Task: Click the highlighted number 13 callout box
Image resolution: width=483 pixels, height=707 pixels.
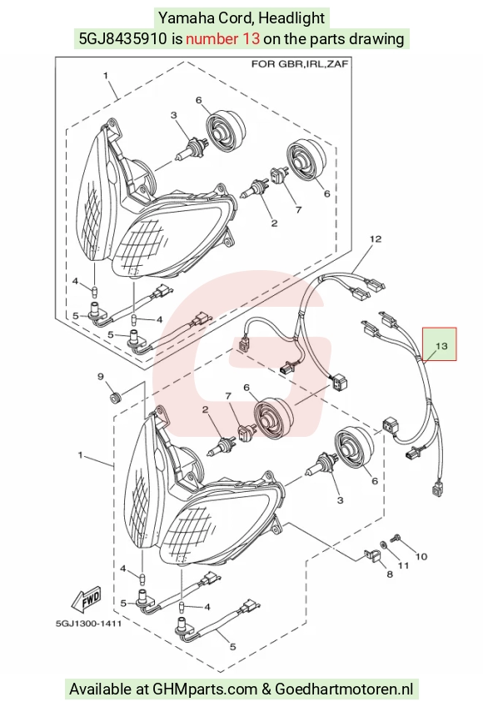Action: (439, 344)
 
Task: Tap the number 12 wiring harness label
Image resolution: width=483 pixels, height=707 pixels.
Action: (376, 239)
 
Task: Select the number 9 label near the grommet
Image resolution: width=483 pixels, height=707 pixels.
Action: (101, 377)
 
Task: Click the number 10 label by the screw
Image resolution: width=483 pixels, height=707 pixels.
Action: (421, 556)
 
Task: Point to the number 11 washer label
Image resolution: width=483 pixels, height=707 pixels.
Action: (403, 565)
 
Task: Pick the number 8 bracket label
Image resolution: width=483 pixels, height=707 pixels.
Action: (390, 574)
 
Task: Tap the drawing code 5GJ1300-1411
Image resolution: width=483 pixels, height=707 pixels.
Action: (88, 624)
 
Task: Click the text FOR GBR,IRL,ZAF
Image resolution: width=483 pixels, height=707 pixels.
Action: (300, 64)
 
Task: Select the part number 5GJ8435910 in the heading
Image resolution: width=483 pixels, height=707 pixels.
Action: (122, 39)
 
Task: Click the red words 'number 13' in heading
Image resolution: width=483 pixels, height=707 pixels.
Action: (222, 39)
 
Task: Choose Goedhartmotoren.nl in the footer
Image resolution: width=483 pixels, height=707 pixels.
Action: (344, 689)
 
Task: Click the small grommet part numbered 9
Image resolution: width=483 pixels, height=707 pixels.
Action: (116, 399)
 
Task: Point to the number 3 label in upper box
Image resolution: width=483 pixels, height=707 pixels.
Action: (174, 115)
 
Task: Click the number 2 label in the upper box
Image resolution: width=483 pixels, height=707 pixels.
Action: (274, 223)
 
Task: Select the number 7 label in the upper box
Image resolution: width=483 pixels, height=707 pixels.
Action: (298, 209)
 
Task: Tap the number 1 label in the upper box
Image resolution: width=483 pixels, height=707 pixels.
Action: (106, 75)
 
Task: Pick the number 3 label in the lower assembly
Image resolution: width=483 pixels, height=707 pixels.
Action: (340, 500)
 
